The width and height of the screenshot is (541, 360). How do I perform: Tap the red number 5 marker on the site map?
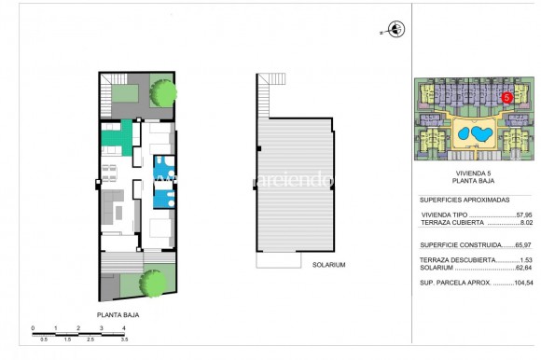pos(506,96)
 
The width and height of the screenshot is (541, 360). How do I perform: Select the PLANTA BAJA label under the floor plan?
pos(118,315)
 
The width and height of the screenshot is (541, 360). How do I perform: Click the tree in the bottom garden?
pos(151,281)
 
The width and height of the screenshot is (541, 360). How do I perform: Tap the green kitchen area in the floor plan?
pos(114,139)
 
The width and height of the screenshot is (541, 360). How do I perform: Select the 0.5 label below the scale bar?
pos(44,339)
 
